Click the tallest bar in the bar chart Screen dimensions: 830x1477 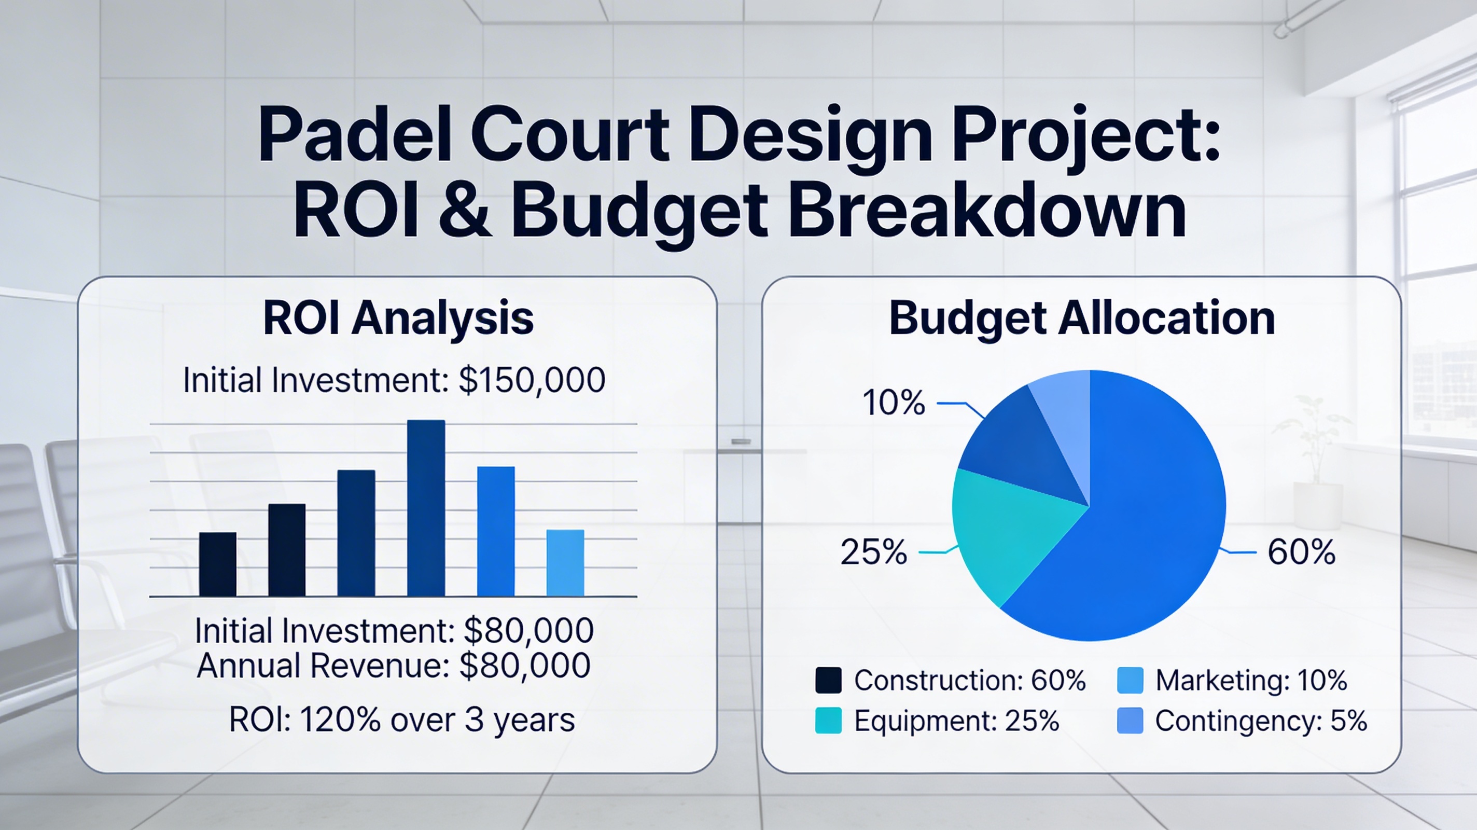tap(426, 508)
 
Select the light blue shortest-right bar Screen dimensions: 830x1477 tap(565, 563)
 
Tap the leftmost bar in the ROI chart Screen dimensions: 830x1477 tap(217, 564)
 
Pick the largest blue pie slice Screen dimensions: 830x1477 tap(1152, 516)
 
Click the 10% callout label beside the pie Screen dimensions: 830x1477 tap(894, 403)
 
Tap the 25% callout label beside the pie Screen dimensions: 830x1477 tap(874, 552)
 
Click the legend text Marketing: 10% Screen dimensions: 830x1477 tap(1251, 680)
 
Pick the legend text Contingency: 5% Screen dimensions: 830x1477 tap(1261, 721)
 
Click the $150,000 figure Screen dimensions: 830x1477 tap(532, 380)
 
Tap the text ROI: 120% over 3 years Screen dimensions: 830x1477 tap(402, 720)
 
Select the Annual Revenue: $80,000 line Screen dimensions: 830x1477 tap(393, 666)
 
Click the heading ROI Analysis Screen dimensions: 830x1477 tap(398, 318)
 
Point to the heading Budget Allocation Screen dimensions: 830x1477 tap(1082, 318)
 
